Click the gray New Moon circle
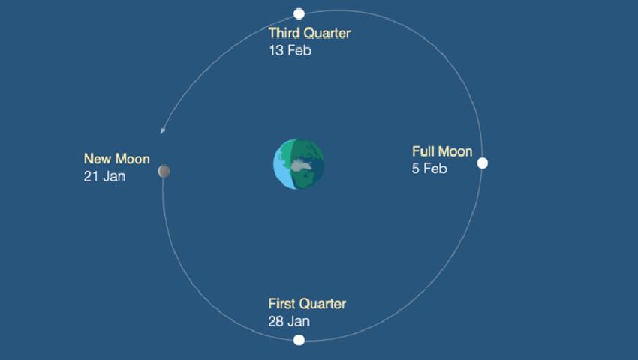point(164,171)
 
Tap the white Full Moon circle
point(482,163)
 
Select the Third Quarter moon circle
point(299,13)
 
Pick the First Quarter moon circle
point(299,340)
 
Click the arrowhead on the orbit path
point(162,130)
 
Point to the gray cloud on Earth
point(302,165)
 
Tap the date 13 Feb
point(290,50)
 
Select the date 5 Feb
point(429,169)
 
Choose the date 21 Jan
point(104,176)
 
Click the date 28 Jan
point(289,321)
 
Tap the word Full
point(421,151)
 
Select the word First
point(281,304)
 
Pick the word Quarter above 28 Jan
point(322,304)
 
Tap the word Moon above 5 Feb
point(453,151)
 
